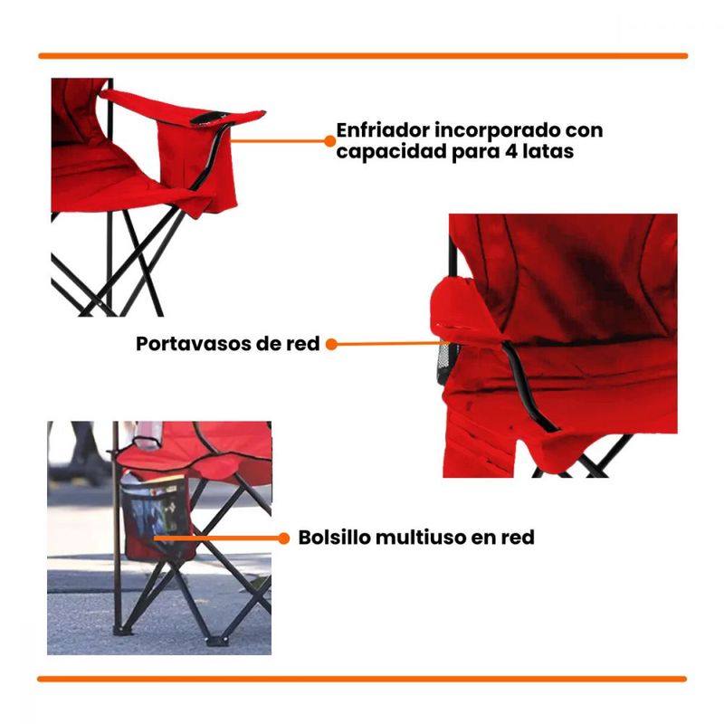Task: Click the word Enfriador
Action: click(x=383, y=130)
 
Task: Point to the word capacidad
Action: click(x=392, y=153)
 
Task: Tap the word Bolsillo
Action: click(x=334, y=538)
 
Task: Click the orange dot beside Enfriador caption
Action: click(x=330, y=141)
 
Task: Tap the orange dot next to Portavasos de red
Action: click(x=331, y=344)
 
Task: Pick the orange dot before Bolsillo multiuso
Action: click(x=284, y=538)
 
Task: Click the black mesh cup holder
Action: click(x=446, y=362)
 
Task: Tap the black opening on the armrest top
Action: click(x=209, y=119)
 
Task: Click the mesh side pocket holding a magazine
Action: click(x=156, y=516)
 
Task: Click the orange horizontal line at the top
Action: click(x=363, y=56)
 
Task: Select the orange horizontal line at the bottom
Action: click(x=362, y=679)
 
